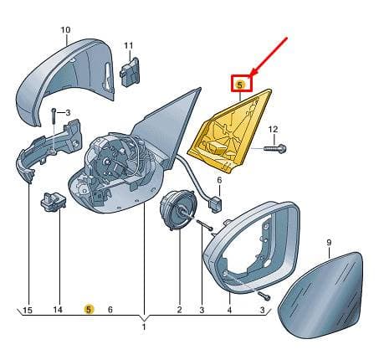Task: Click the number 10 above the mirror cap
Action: click(x=65, y=29)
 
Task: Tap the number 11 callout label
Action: click(x=129, y=45)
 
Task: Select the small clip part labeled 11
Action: click(x=130, y=70)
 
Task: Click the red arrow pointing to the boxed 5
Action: click(x=269, y=56)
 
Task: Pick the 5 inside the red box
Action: click(x=240, y=85)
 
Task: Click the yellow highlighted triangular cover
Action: click(x=230, y=131)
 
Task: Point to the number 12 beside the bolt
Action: click(x=273, y=130)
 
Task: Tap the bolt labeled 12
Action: click(x=274, y=148)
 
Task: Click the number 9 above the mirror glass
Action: click(x=329, y=243)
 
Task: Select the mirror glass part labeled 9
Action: click(x=322, y=295)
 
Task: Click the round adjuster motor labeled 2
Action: click(x=178, y=211)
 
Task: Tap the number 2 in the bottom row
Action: click(x=179, y=309)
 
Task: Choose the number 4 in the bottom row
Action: click(x=229, y=310)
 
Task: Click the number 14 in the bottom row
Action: click(x=58, y=310)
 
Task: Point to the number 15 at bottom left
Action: click(x=28, y=310)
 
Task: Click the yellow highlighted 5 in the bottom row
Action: click(x=89, y=309)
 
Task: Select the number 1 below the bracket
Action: click(x=144, y=327)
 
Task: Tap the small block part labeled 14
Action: click(x=54, y=201)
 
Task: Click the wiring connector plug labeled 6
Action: click(x=215, y=204)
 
